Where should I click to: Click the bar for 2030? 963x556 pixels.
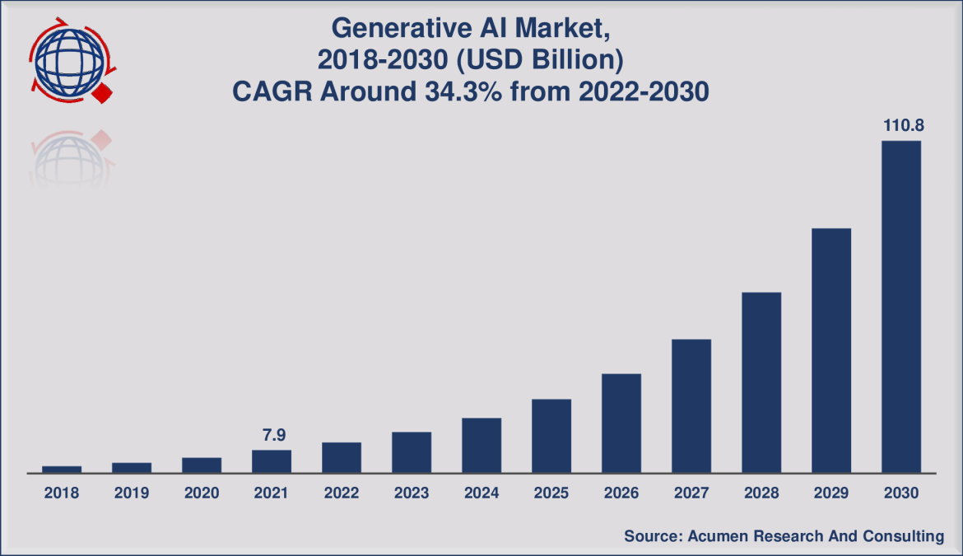click(900, 306)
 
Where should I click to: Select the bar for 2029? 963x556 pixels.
click(830, 350)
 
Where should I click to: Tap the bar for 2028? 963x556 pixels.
click(761, 382)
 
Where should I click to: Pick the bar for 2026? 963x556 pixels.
click(621, 423)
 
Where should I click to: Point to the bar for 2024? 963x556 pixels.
click(481, 446)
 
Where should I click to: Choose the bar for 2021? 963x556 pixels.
click(271, 461)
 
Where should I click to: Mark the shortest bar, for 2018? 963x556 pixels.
click(62, 470)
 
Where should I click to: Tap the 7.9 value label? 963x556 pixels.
click(271, 435)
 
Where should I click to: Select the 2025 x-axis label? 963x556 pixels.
click(551, 493)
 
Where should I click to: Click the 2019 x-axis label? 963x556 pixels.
click(131, 493)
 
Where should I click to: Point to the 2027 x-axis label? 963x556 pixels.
click(691, 493)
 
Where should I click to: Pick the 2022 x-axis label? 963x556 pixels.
click(341, 493)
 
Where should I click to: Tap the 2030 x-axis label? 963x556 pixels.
click(900, 493)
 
